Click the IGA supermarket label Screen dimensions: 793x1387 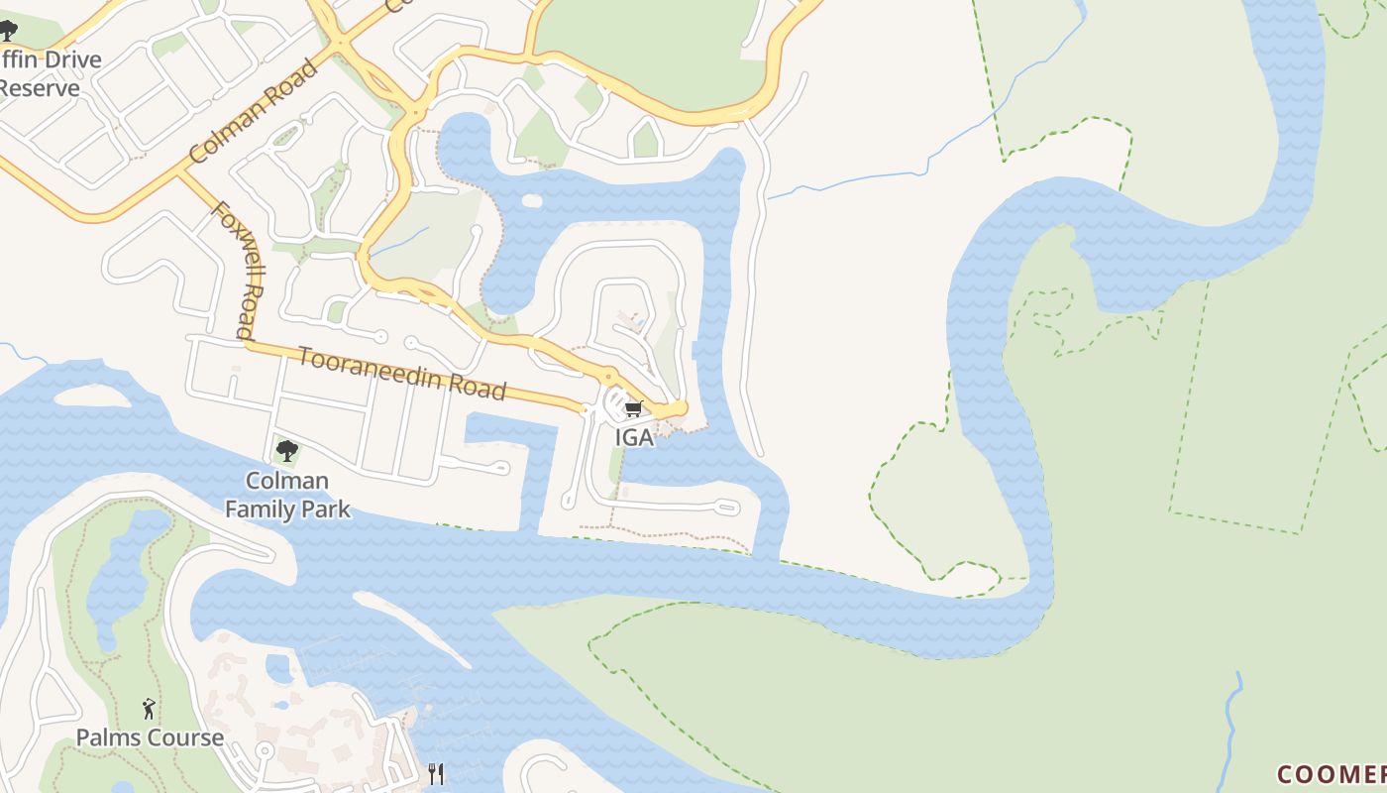(x=634, y=437)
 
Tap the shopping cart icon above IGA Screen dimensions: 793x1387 (x=633, y=408)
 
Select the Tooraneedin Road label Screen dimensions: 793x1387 (x=402, y=373)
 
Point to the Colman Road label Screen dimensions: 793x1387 (x=254, y=111)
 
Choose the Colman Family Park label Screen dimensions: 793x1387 (x=287, y=495)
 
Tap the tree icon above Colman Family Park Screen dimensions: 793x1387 (x=287, y=451)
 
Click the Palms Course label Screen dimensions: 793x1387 (x=150, y=737)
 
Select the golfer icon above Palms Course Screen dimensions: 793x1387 (x=149, y=708)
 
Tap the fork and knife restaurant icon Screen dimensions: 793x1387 (x=436, y=773)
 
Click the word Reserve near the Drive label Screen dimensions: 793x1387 (x=40, y=88)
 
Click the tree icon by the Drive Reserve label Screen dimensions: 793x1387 (x=8, y=31)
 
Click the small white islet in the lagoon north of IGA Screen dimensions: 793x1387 (x=532, y=201)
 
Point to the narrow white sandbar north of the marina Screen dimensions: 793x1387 (x=411, y=628)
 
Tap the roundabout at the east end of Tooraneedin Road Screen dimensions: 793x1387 (x=678, y=409)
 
